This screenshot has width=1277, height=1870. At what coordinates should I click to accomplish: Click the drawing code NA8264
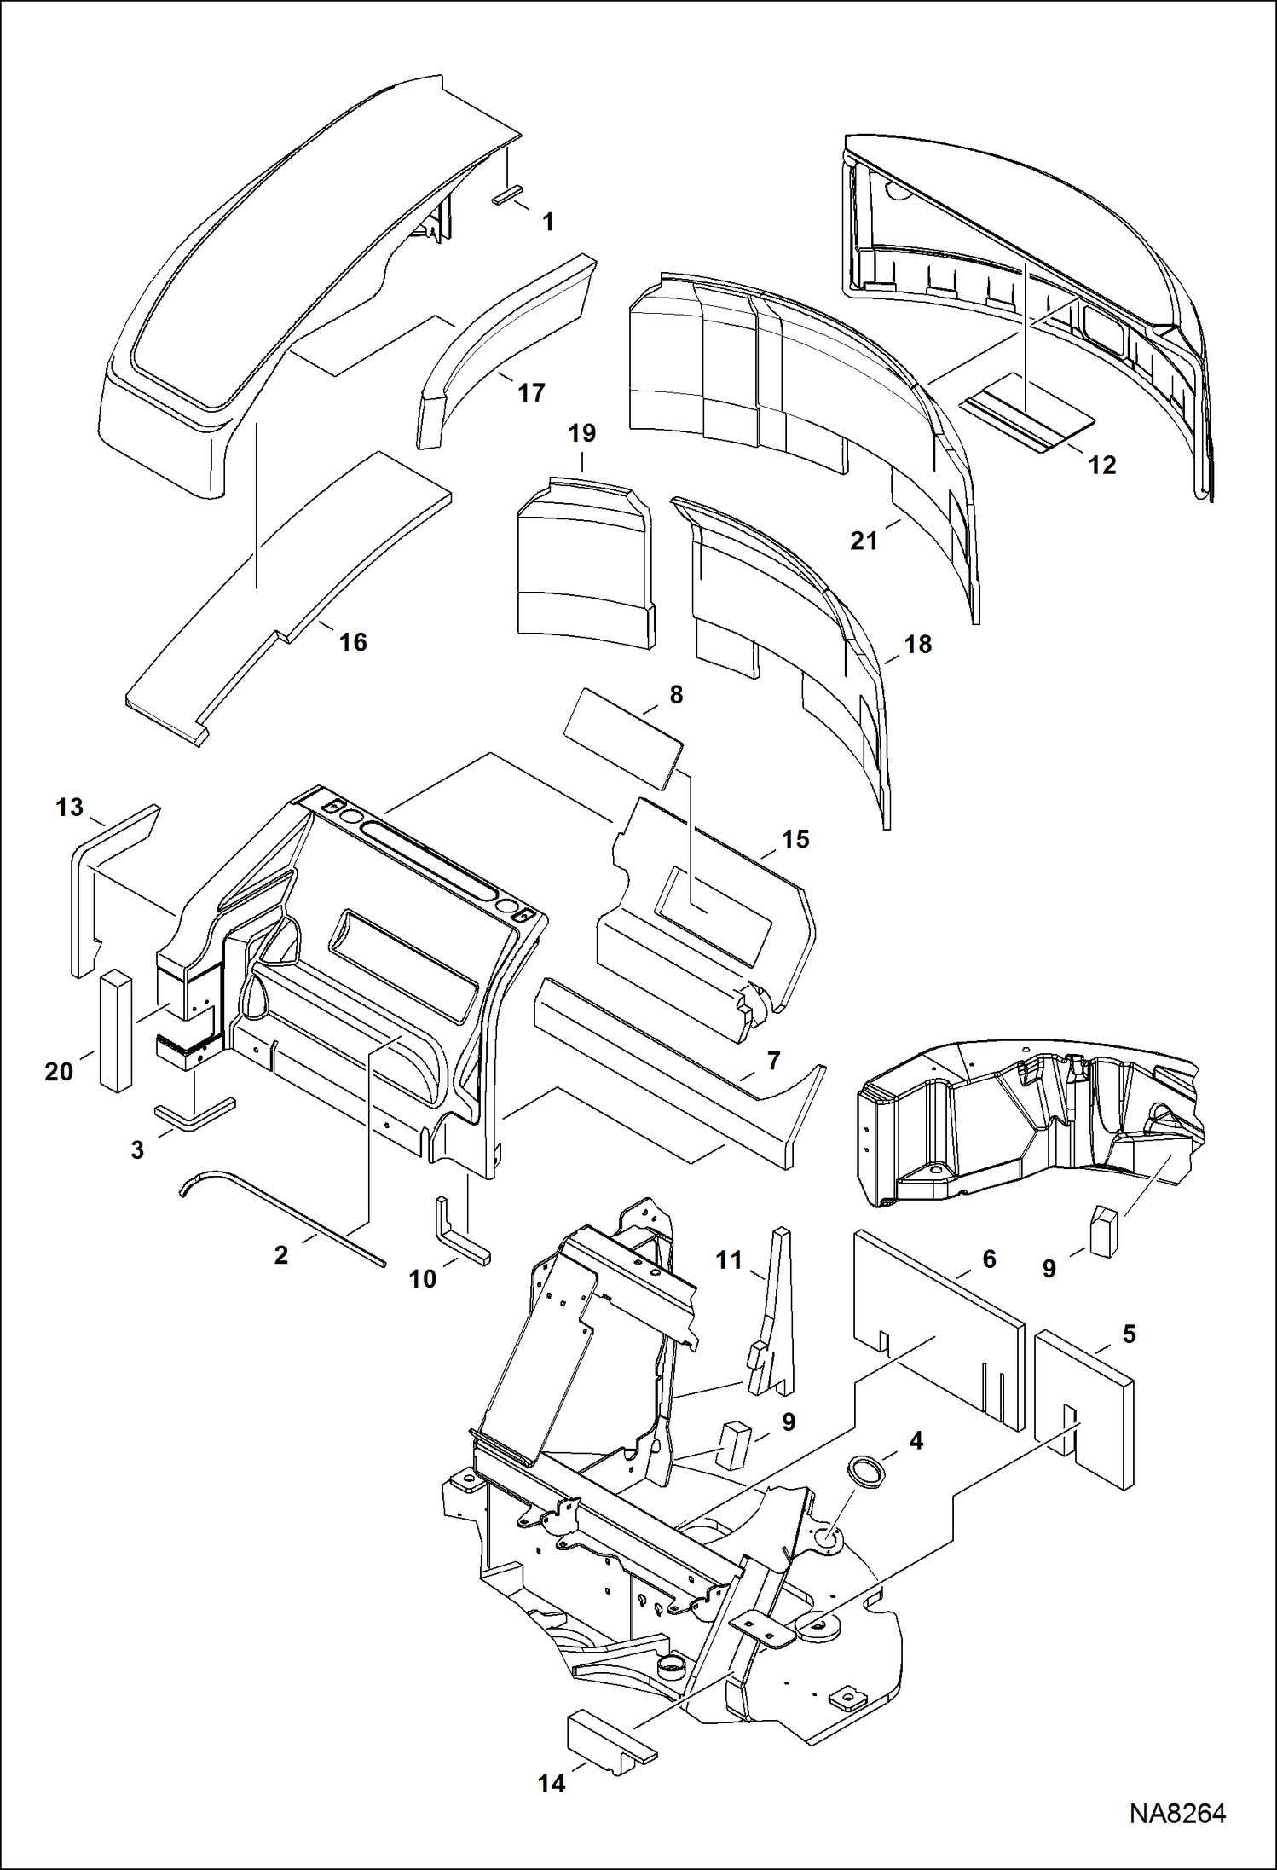coord(1177,1813)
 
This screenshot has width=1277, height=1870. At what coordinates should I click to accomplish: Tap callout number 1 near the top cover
coord(548,222)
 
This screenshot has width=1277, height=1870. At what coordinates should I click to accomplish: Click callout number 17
coord(531,393)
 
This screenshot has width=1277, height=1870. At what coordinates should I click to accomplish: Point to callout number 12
coord(1101,465)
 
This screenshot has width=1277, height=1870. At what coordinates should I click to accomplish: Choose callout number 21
coord(864,540)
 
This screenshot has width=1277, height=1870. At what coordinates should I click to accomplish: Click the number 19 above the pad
coord(582,433)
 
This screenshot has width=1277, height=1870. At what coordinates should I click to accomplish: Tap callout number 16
coord(353,642)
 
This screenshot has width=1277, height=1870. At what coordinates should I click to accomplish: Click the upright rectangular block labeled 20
coord(116,1033)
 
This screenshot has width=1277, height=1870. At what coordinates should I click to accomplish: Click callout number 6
coord(989,1259)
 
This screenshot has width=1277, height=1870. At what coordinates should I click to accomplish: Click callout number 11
coord(729,1259)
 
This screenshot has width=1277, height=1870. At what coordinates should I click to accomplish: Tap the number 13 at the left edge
coord(69,807)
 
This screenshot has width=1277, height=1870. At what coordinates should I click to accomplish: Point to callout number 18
coord(917,644)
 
